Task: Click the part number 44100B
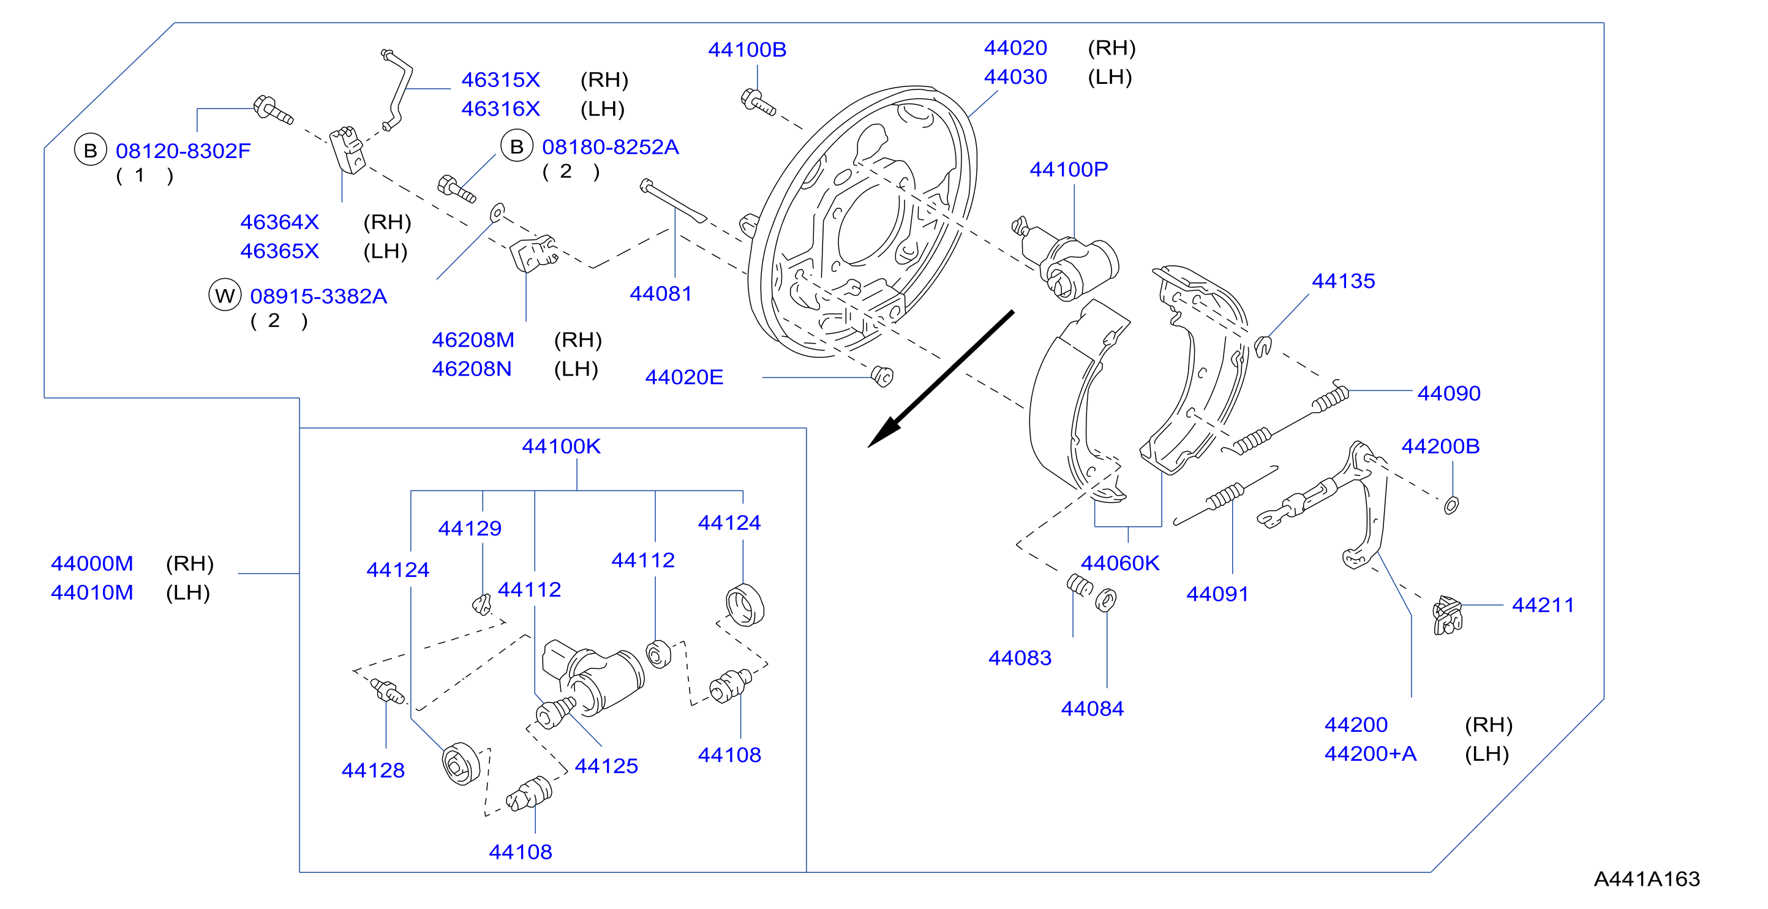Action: point(747,50)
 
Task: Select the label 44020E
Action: point(683,377)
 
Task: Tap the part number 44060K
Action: point(1119,563)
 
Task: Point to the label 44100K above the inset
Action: point(561,447)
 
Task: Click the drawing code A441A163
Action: point(1647,879)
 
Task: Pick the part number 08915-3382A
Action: point(318,296)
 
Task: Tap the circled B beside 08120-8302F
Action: point(91,150)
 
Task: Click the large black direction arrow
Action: point(940,379)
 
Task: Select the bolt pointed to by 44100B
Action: point(758,102)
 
